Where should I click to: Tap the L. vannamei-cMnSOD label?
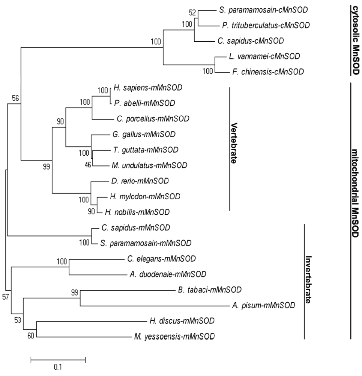tap(264, 56)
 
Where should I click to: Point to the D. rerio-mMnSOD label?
tap(140, 181)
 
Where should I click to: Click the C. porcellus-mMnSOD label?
tap(150, 119)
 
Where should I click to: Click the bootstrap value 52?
tap(193, 13)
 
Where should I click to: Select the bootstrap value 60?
tap(31, 335)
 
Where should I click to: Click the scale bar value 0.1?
tap(58, 367)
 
